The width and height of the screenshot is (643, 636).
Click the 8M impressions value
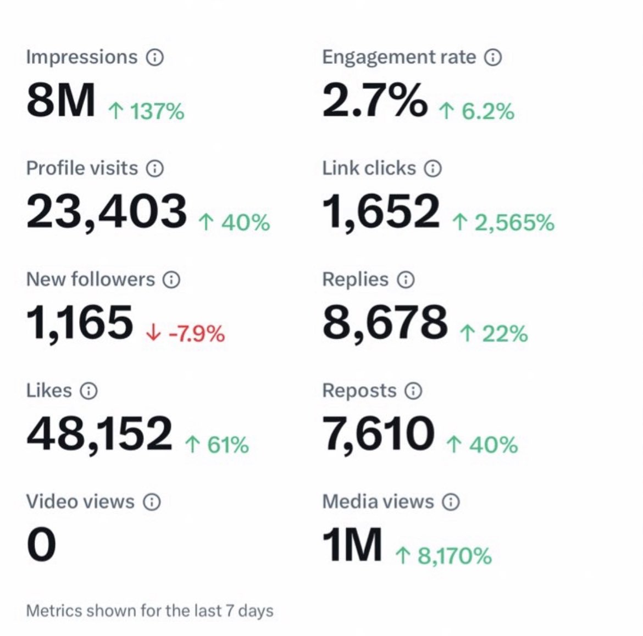coord(60,101)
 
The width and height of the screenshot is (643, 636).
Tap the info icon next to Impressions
coord(154,57)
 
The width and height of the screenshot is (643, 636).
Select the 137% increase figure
coord(146,111)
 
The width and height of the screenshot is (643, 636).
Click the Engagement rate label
coord(399,57)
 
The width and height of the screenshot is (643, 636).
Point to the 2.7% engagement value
coord(374,101)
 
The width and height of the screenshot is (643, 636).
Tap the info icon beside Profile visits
coord(155,168)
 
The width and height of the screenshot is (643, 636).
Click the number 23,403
coord(107,211)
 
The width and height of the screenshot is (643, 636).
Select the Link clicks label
coord(369,168)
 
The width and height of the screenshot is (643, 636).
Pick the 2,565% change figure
coord(503,222)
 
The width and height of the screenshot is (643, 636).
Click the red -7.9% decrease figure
coord(186,333)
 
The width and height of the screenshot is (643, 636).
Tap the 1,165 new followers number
coord(80,322)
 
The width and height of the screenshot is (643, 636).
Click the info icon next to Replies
coord(406,280)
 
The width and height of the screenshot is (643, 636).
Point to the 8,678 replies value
coord(385,322)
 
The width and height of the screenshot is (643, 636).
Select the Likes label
coord(49,390)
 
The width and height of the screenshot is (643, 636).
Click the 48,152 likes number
coord(99,433)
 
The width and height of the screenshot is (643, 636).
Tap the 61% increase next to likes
coord(217,444)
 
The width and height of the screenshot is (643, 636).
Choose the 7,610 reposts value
coord(378,433)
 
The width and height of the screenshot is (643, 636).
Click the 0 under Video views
coord(41,544)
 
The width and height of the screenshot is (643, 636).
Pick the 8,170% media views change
coord(444,556)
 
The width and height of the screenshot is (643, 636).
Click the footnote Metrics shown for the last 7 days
coord(149,611)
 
